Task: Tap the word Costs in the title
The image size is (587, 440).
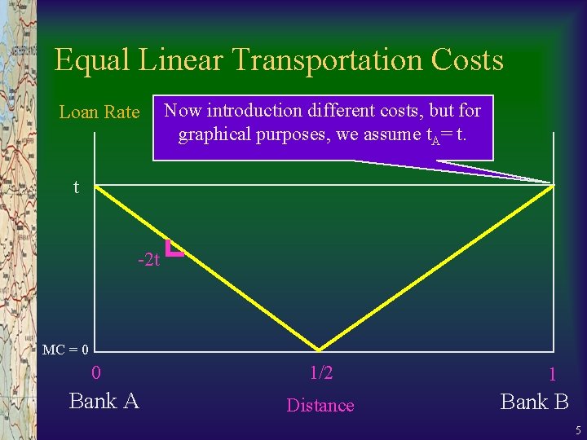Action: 469,61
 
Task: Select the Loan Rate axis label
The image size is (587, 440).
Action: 99,112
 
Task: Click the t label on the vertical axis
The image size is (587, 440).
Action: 76,188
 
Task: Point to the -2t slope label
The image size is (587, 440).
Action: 149,261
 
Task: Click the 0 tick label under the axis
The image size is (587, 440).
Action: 96,374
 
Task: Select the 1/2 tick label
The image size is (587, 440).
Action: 321,373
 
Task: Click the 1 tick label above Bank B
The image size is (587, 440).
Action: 552,376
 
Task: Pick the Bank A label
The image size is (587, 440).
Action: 104,401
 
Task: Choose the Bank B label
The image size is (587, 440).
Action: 534,401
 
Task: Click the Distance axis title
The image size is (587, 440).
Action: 320,405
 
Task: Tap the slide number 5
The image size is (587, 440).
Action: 577,430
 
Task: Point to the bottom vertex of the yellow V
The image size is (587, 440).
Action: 320,350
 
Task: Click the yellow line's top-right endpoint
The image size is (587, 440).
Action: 554,186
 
